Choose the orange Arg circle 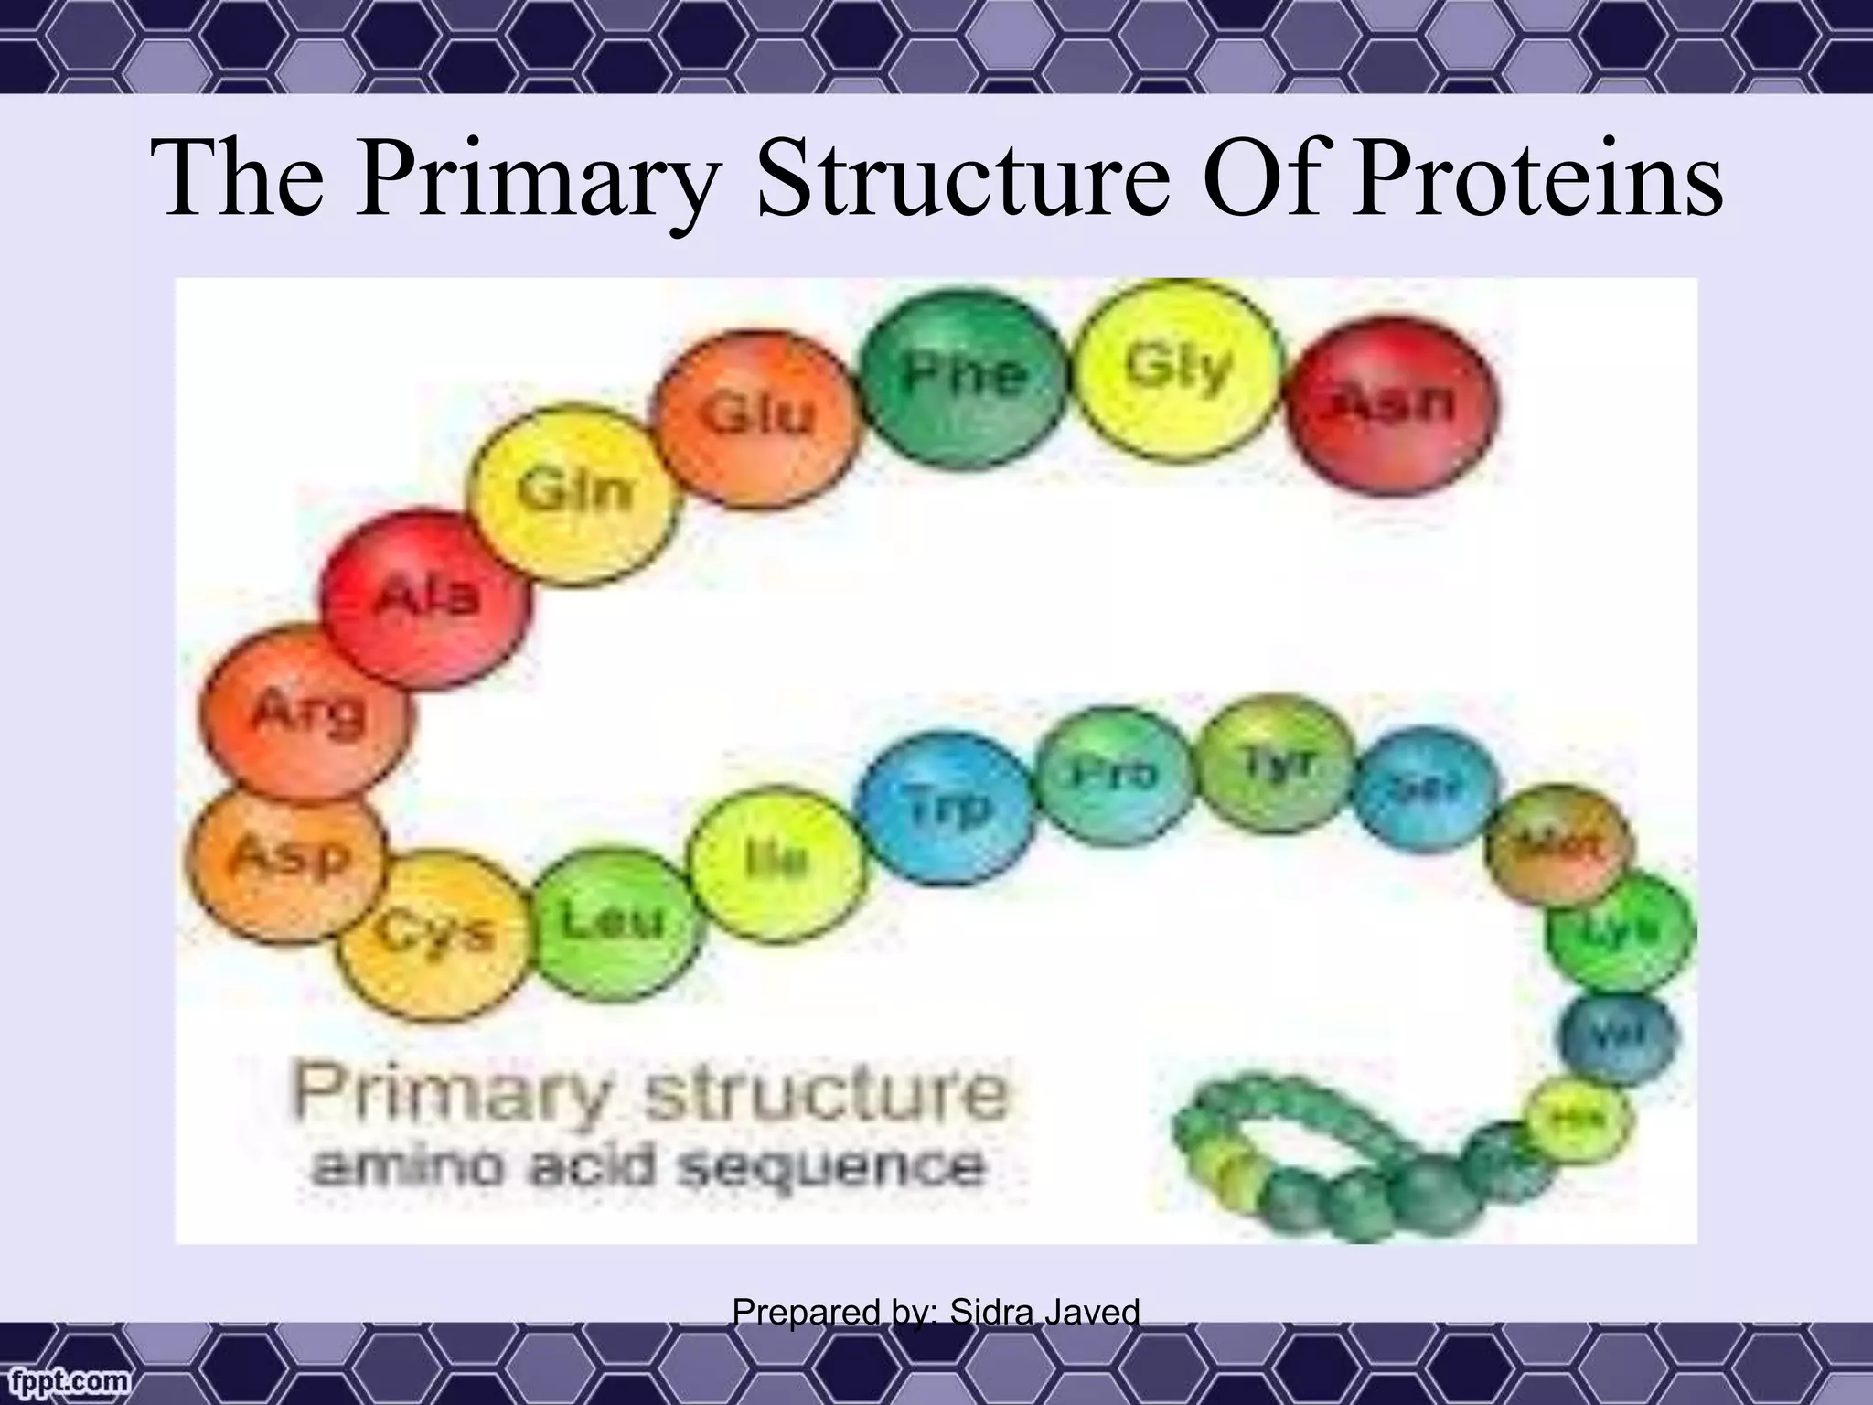[306, 713]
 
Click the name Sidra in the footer [991, 1313]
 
